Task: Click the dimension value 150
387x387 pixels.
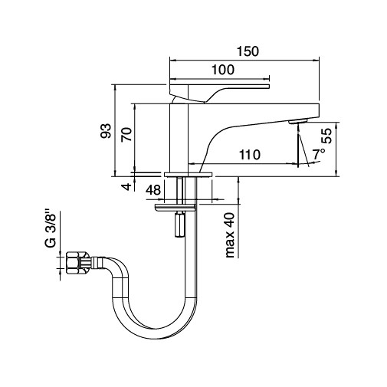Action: [247, 51]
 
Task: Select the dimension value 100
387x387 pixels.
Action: [222, 70]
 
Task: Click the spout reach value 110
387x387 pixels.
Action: [248, 155]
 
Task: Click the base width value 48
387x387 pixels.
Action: [153, 190]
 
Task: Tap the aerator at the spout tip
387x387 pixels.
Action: [297, 121]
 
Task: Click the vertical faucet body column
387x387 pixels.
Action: [179, 138]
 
